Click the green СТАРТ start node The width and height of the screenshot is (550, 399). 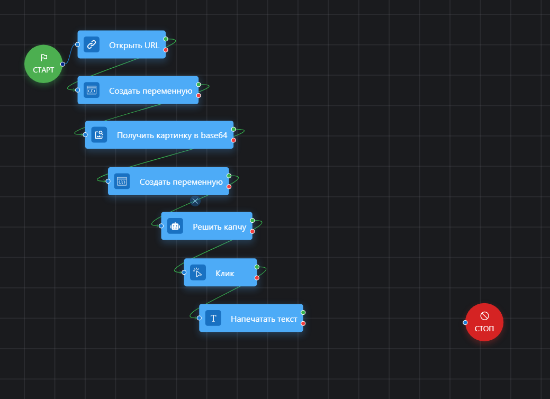point(43,64)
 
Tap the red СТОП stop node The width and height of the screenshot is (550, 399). point(484,322)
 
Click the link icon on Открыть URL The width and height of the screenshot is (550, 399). point(92,44)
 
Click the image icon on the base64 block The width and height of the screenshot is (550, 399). point(99,135)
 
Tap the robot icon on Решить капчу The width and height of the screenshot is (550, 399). point(175,226)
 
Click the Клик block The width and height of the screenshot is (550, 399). point(224,273)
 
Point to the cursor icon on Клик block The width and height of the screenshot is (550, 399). point(197,273)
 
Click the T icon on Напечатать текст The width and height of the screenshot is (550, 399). point(213,318)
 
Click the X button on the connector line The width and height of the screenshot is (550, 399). point(195,201)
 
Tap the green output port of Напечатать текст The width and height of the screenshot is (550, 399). point(303,312)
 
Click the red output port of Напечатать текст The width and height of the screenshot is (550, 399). point(303,323)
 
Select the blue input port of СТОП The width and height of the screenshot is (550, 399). point(465,322)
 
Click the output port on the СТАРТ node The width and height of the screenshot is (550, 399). point(62,64)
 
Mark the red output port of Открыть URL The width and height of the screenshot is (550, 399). point(166,50)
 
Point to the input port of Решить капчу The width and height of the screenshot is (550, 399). point(161,226)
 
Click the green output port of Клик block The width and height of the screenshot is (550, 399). point(257,267)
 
